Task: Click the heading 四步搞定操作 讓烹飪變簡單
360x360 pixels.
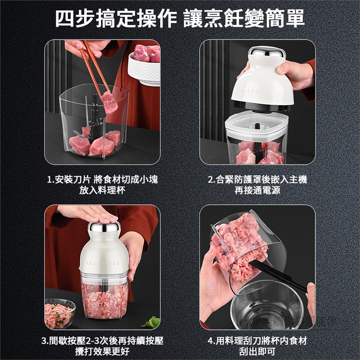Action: pos(180,19)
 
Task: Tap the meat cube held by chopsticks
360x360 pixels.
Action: pos(109,102)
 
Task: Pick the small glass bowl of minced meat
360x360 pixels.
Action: pos(60,313)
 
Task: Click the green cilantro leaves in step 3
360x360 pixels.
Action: pos(152,322)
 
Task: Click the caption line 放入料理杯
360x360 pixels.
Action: pos(102,190)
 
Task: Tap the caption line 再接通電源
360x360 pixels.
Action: pos(257,190)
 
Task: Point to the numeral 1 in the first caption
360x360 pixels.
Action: pos(49,180)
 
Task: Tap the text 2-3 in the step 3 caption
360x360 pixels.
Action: pos(92,341)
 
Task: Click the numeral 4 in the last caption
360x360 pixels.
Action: pos(210,341)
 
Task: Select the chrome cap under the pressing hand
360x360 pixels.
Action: pos(104,227)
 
